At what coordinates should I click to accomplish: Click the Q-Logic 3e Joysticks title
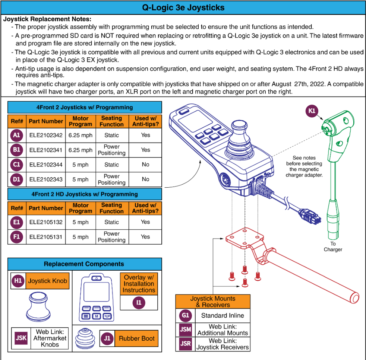pos(183,7)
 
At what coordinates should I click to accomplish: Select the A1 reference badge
pos(16,136)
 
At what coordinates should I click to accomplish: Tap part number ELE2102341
pos(46,150)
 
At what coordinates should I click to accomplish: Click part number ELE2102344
pos(46,165)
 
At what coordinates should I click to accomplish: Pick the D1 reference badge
pos(16,179)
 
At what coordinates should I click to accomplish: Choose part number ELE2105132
pos(46,222)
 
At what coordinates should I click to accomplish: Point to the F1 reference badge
pos(16,237)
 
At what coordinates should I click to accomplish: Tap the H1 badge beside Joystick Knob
pos(18,281)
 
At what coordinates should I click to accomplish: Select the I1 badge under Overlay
pos(139,303)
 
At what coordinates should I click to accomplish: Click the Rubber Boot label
pos(136,338)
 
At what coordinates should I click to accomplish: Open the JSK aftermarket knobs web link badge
pos(20,338)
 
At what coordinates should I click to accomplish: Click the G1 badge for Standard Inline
pos(186,316)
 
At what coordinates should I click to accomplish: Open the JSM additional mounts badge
pos(186,329)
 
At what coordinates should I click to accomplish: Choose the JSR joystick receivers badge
pos(186,344)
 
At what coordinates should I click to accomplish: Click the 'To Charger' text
pos(332,246)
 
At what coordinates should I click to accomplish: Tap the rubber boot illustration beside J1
pos(86,338)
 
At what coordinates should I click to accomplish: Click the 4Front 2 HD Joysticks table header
pos(85,194)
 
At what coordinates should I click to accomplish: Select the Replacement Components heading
pos(84,264)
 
